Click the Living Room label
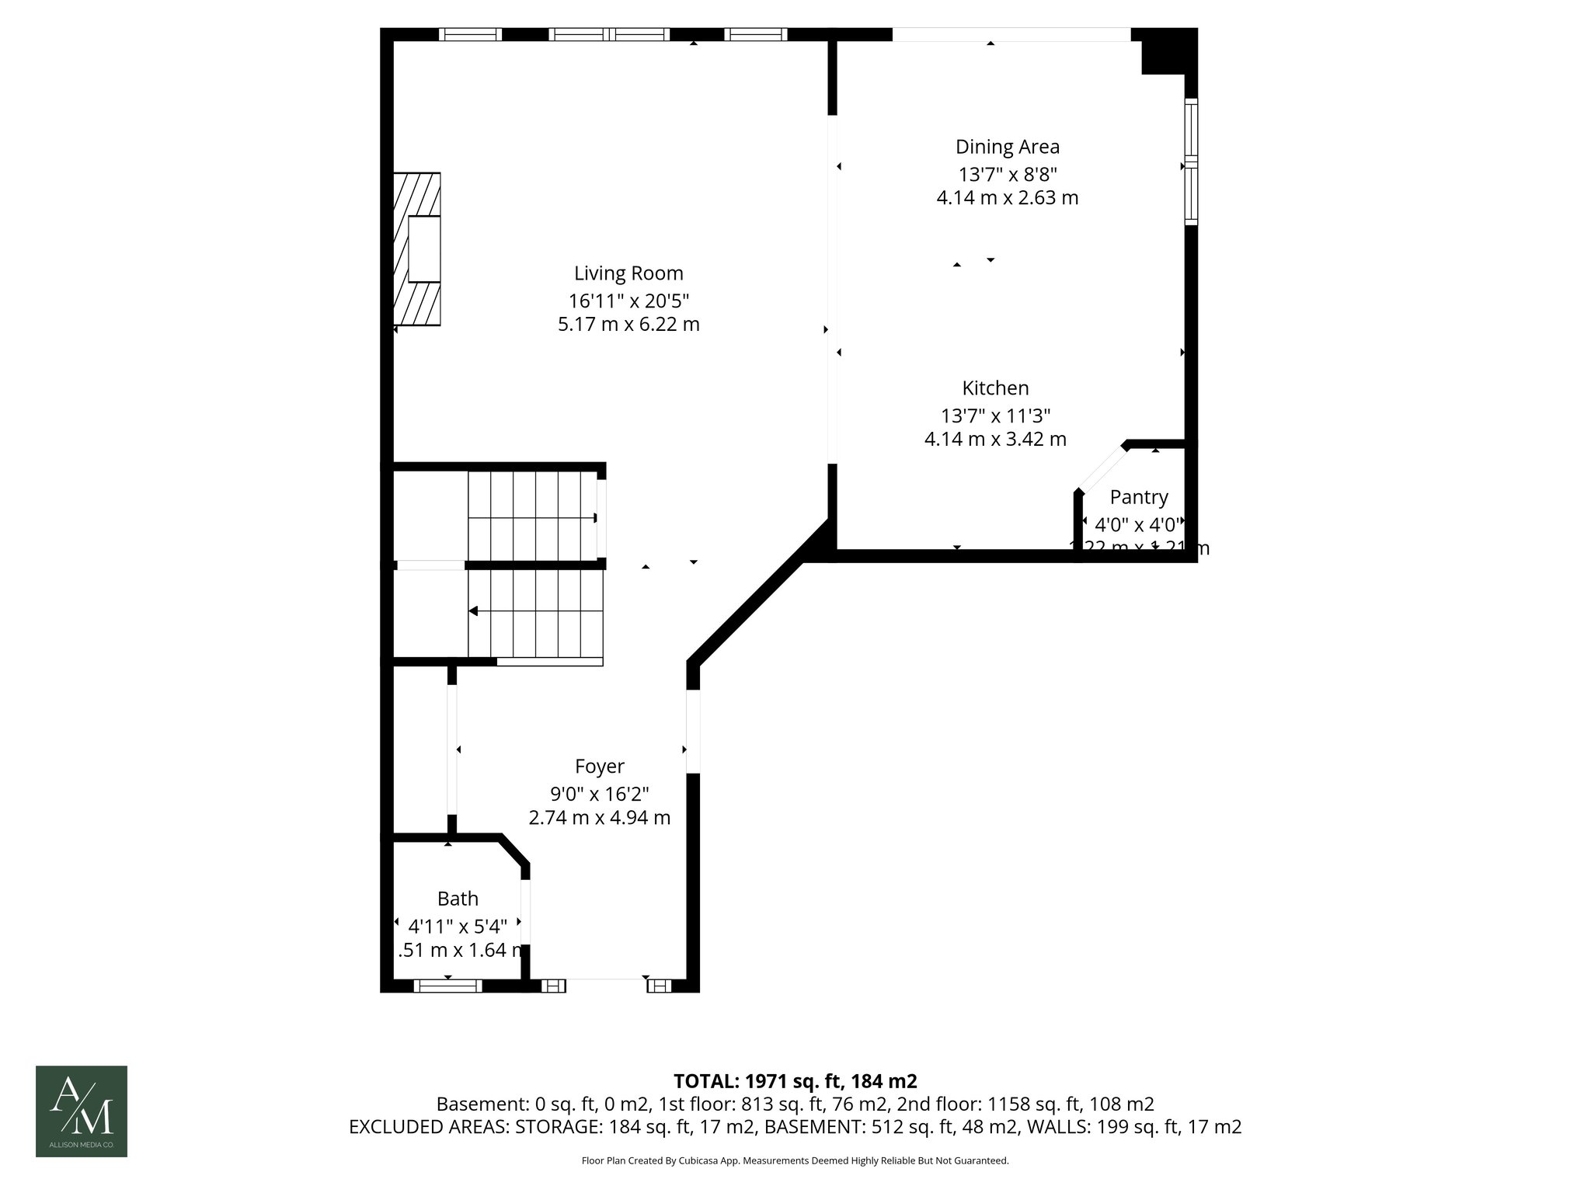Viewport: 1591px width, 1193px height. click(628, 273)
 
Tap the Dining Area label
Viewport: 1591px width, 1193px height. click(1007, 147)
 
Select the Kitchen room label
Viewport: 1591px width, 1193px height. click(995, 388)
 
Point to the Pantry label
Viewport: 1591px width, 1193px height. click(1138, 497)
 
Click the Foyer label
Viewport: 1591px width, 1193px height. click(599, 767)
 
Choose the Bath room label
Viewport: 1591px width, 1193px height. click(458, 899)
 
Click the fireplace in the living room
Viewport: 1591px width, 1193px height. click(417, 249)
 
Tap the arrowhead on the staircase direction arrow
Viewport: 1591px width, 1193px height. click(473, 612)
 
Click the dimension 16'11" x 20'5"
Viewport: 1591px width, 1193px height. click(628, 300)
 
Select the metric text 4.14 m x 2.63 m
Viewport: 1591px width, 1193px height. click(1007, 198)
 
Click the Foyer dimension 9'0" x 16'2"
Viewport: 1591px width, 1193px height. click(599, 794)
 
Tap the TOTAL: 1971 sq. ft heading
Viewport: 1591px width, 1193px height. click(795, 1080)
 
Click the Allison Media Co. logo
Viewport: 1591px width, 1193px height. click(82, 1111)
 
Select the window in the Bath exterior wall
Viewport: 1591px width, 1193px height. click(447, 986)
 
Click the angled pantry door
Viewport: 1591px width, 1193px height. click(1102, 468)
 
